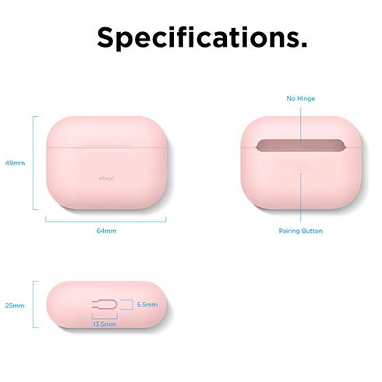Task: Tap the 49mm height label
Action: (16, 164)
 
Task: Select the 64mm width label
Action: (107, 232)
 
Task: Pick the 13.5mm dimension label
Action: (104, 324)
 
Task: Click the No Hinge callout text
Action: (300, 99)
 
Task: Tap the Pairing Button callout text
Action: (300, 232)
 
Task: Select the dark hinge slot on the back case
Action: (300, 147)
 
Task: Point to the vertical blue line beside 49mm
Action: (34, 163)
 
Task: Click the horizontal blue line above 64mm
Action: (106, 220)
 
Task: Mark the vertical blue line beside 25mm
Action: (34, 305)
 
